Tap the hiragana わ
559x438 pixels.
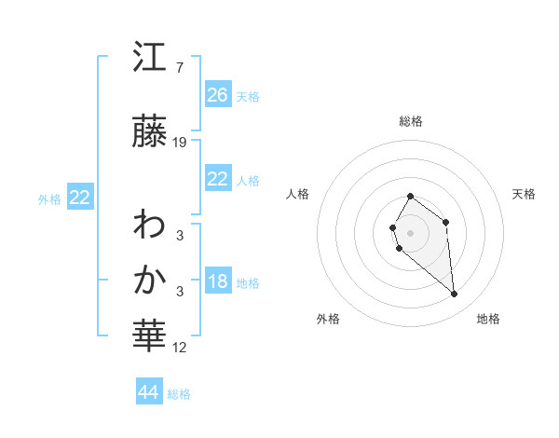click(150, 225)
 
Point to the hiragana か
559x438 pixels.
click(150, 281)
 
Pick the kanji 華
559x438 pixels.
click(150, 338)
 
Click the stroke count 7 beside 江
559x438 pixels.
click(180, 67)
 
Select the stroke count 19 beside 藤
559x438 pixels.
click(180, 143)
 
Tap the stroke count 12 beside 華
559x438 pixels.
click(180, 348)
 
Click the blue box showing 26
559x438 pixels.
click(218, 95)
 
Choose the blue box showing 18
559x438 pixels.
click(218, 282)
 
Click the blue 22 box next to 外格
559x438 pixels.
click(80, 198)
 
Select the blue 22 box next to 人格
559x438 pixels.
click(218, 179)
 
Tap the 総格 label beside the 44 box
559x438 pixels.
click(179, 394)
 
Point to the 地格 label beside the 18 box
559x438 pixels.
click(248, 283)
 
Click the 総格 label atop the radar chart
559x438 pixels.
click(411, 121)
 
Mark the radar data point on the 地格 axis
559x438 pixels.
click(455, 294)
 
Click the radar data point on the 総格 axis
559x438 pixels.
click(411, 197)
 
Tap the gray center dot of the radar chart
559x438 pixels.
click(411, 232)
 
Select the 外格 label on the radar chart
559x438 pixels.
click(328, 319)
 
